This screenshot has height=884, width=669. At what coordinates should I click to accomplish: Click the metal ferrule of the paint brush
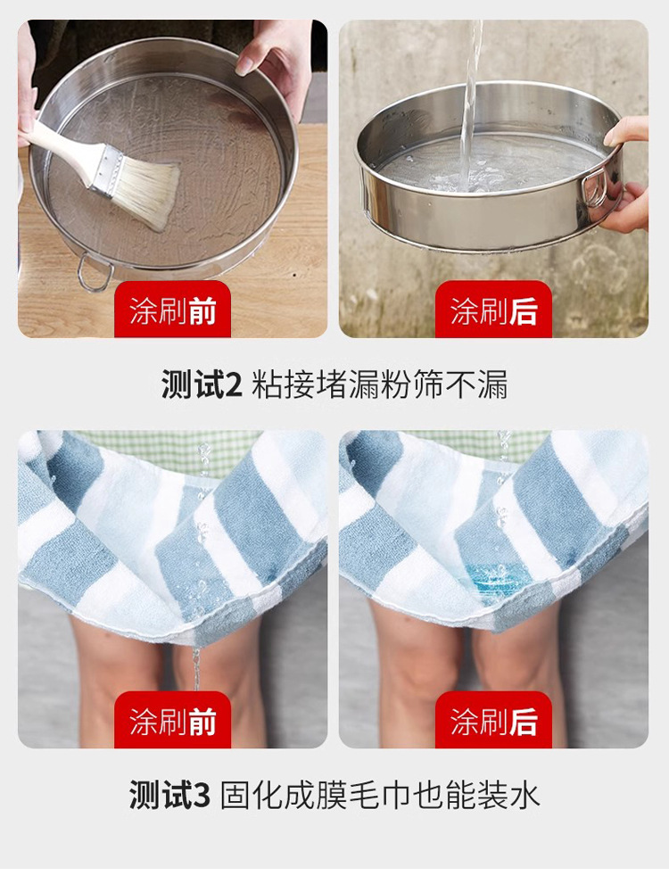tap(107, 169)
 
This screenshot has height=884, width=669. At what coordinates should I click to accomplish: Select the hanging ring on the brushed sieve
tap(93, 273)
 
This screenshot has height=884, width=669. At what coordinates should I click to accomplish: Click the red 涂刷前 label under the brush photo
tap(172, 310)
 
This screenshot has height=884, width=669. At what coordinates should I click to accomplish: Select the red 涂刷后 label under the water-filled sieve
tap(493, 310)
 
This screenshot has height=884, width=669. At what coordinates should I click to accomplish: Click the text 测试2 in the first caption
tap(202, 384)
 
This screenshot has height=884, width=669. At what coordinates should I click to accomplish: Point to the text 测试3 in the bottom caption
tap(169, 795)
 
